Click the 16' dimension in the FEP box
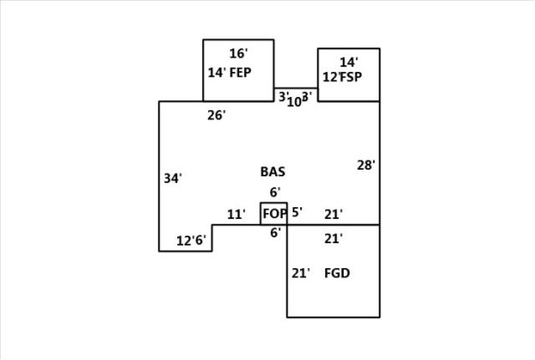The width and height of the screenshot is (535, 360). tap(238, 53)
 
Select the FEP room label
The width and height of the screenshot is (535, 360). tap(241, 72)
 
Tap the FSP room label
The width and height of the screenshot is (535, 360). tap(352, 77)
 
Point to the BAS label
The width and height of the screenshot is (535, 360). tap(273, 172)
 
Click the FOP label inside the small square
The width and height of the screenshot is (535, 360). tap(274, 214)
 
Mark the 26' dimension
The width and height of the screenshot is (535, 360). tap(217, 115)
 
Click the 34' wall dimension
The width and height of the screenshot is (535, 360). tap(173, 178)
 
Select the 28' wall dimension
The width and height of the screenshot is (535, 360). tap(366, 165)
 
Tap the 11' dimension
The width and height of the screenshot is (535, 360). tap(236, 215)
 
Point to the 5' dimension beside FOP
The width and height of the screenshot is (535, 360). tap(297, 212)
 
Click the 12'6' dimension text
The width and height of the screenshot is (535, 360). tap(191, 241)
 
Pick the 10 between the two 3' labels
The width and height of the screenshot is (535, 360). tap(293, 102)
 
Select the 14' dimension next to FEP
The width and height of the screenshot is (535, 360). tap(217, 72)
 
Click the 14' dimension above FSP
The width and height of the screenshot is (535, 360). tap(349, 62)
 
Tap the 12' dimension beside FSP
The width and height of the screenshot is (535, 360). tap(331, 77)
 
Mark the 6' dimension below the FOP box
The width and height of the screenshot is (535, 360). tap(274, 233)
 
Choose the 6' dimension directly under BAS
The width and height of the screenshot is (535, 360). tap(274, 192)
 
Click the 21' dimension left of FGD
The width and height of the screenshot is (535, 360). tap(301, 272)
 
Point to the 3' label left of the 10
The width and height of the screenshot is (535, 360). tap(283, 96)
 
